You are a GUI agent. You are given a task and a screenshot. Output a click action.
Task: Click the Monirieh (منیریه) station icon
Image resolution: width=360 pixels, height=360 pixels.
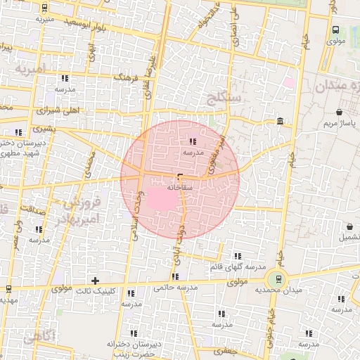(x=44, y=8)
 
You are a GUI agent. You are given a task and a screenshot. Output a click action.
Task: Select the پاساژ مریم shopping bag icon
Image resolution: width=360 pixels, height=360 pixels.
(x=340, y=112)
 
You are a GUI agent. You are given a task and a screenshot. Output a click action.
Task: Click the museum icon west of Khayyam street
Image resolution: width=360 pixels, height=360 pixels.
(x=281, y=122)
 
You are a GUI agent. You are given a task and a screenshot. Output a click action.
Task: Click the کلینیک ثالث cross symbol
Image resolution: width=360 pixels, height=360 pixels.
(x=96, y=281)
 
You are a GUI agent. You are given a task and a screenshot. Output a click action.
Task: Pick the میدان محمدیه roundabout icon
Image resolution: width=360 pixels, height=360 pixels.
(x=278, y=280)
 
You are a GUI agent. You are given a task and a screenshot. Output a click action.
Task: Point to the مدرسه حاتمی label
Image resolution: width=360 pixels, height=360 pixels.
(x=173, y=287)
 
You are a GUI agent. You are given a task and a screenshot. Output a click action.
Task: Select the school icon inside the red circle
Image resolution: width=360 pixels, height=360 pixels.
(x=193, y=141)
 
